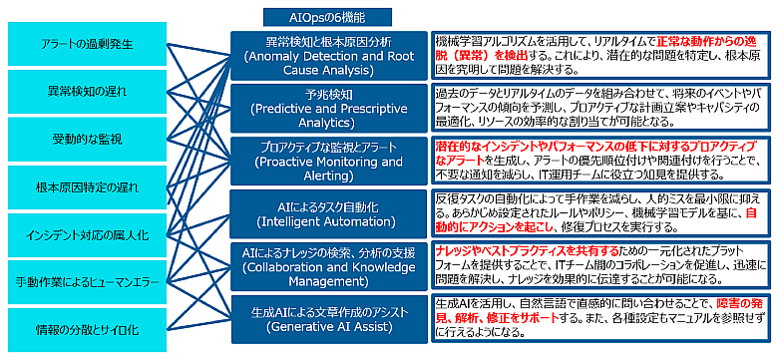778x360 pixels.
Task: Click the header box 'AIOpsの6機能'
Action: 327,17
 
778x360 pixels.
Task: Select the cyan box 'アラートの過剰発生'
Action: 88,44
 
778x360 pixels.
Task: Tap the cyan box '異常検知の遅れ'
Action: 88,92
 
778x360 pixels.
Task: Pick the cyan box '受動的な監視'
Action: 88,140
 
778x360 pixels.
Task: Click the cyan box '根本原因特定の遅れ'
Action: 88,187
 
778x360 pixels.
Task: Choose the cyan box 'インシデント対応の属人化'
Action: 88,235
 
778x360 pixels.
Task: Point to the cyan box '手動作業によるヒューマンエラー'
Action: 88,282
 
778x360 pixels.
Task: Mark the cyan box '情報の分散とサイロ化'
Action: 88,330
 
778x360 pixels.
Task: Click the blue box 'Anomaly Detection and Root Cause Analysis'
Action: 329,56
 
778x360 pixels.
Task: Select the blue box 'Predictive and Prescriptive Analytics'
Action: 329,109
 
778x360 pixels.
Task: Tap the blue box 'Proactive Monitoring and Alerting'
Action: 329,162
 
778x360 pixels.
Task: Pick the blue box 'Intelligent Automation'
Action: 329,213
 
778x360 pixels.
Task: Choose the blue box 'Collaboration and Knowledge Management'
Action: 329,266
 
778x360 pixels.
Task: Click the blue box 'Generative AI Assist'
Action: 329,319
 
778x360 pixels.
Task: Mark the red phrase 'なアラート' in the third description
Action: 460,160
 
